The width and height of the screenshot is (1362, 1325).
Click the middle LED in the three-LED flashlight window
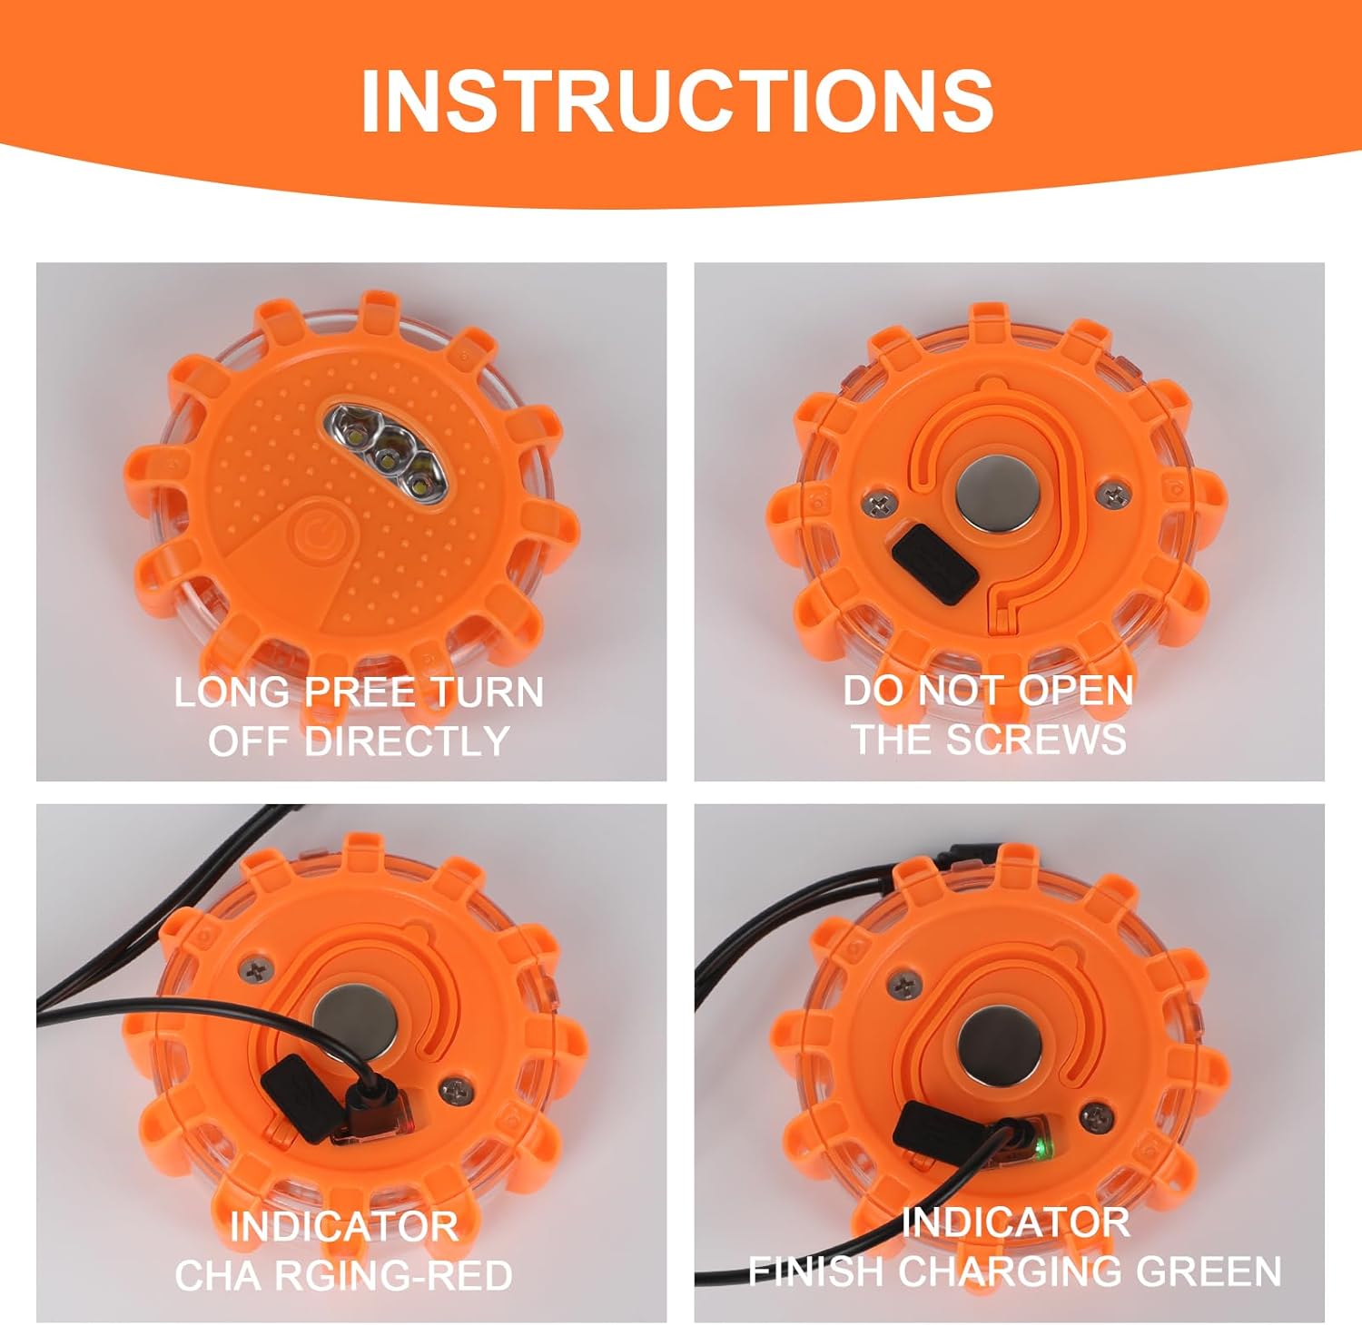point(394,453)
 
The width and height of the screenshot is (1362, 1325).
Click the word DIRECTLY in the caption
point(406,741)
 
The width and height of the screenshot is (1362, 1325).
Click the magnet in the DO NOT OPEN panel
point(994,496)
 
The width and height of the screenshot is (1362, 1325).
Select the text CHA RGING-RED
point(344,1275)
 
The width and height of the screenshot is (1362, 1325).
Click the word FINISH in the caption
point(815,1271)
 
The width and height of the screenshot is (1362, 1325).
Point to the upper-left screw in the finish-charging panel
point(903,983)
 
